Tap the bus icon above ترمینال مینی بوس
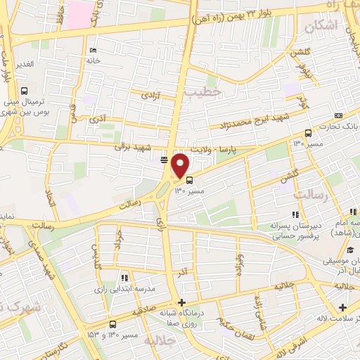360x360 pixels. (x=25, y=91)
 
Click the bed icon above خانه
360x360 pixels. (x=94, y=50)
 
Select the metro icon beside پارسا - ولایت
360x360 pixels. (x=164, y=160)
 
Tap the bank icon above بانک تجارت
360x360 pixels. (x=339, y=116)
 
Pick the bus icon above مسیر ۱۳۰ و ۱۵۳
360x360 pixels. (x=113, y=324)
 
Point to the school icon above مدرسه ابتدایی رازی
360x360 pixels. (x=124, y=278)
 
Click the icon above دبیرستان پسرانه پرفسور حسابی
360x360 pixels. (x=295, y=214)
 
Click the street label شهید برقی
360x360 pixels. (x=134, y=147)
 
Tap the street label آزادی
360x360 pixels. (x=150, y=94)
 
